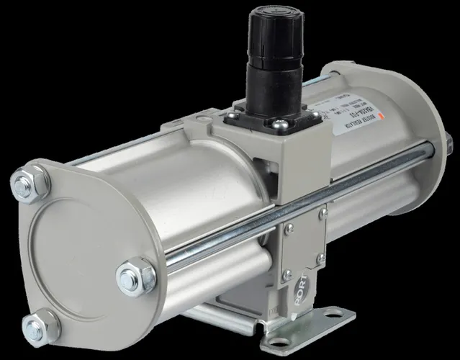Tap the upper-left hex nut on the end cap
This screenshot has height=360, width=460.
(31, 184)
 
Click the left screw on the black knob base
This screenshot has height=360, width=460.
(233, 114)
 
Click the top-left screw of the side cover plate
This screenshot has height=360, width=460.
(289, 229)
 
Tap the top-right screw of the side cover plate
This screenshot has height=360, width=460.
(323, 214)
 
